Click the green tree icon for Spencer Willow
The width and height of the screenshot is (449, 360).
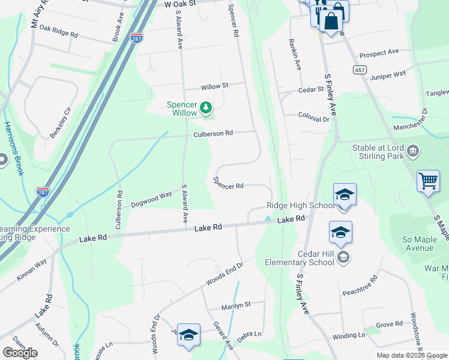[x=206, y=107]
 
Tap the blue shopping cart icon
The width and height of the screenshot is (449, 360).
[x=428, y=181]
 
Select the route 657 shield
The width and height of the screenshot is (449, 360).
[x=360, y=70]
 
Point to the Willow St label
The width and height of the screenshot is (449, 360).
[x=215, y=86]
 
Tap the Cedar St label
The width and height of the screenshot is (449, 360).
[x=311, y=90]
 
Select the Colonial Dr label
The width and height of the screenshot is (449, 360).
[x=315, y=119]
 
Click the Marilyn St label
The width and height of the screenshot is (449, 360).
[x=235, y=305]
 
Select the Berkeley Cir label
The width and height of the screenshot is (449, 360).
[x=61, y=122]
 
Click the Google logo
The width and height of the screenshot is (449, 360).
[x=20, y=352]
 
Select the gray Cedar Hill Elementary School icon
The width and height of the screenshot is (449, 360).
[x=343, y=258]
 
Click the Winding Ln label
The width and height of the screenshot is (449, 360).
[x=348, y=336]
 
